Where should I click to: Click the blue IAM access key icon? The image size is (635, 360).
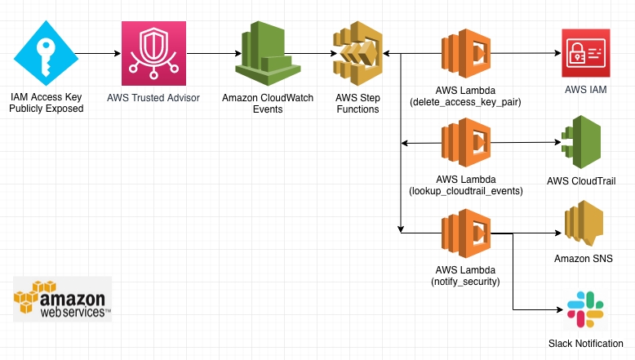pyautogui.click(x=47, y=54)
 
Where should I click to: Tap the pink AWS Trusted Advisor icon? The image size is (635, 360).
pyautogui.click(x=149, y=54)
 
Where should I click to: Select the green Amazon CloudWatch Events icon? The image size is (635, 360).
pyautogui.click(x=263, y=54)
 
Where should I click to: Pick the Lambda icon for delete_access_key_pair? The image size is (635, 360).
pyautogui.click(x=466, y=54)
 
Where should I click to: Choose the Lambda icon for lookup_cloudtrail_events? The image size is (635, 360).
pyautogui.click(x=466, y=144)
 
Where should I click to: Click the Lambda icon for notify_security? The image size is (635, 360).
pyautogui.click(x=466, y=233)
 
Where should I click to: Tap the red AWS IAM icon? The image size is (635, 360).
pyautogui.click(x=585, y=54)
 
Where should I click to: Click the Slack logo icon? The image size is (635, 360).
pyautogui.click(x=585, y=309)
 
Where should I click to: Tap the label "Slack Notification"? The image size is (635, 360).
pyautogui.click(x=585, y=344)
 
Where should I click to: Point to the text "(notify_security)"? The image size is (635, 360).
pyautogui.click(x=466, y=281)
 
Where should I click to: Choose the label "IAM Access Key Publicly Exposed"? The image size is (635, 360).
pyautogui.click(x=47, y=102)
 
